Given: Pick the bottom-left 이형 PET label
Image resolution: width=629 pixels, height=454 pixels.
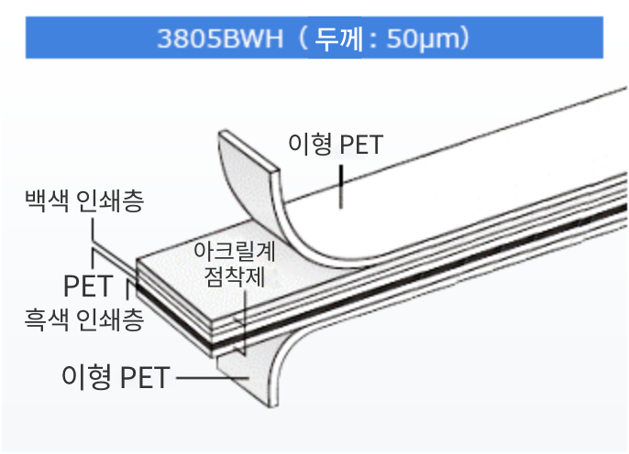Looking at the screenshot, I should point(115,376).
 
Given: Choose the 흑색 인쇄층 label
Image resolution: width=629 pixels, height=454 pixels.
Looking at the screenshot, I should point(83,319).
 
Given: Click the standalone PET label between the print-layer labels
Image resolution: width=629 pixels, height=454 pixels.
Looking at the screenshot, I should point(88,285).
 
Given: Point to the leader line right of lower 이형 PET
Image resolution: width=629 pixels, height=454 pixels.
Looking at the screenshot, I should point(205,376).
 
